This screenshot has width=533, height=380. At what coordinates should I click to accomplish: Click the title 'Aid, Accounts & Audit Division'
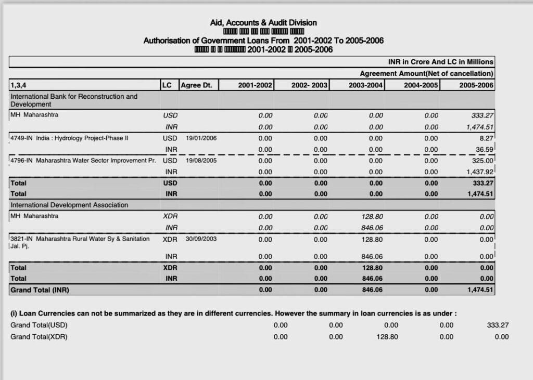click(x=263, y=22)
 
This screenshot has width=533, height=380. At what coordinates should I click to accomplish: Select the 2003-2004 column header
click(x=366, y=85)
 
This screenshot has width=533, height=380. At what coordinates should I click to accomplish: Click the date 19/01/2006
click(x=201, y=138)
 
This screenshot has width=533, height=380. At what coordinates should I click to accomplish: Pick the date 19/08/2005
click(x=201, y=161)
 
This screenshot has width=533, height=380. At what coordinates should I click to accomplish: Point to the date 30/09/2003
click(x=201, y=239)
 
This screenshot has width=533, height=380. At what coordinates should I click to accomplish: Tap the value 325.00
click(x=483, y=161)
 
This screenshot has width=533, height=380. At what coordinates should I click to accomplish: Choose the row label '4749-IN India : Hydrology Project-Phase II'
click(x=69, y=138)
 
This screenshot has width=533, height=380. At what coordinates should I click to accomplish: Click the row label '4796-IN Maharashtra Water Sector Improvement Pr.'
click(x=83, y=161)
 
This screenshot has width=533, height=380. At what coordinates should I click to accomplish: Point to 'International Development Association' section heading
click(x=69, y=205)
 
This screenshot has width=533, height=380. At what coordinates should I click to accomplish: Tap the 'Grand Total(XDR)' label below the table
click(x=39, y=337)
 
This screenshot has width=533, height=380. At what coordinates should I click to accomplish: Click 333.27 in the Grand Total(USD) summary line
click(x=498, y=325)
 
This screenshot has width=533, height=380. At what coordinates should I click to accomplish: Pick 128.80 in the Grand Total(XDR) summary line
click(x=387, y=337)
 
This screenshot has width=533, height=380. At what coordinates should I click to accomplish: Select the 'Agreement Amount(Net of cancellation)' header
click(x=426, y=74)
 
